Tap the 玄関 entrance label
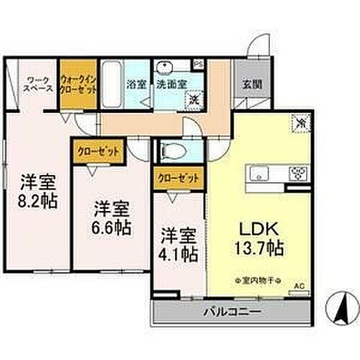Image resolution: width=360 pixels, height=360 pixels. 251,84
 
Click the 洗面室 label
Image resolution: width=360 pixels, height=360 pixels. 172,84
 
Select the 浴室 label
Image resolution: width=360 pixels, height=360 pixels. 136,84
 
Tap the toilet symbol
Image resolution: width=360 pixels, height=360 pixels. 174,151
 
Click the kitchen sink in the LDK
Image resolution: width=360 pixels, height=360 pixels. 260,173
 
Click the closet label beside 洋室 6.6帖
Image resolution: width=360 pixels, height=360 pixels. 98,151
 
